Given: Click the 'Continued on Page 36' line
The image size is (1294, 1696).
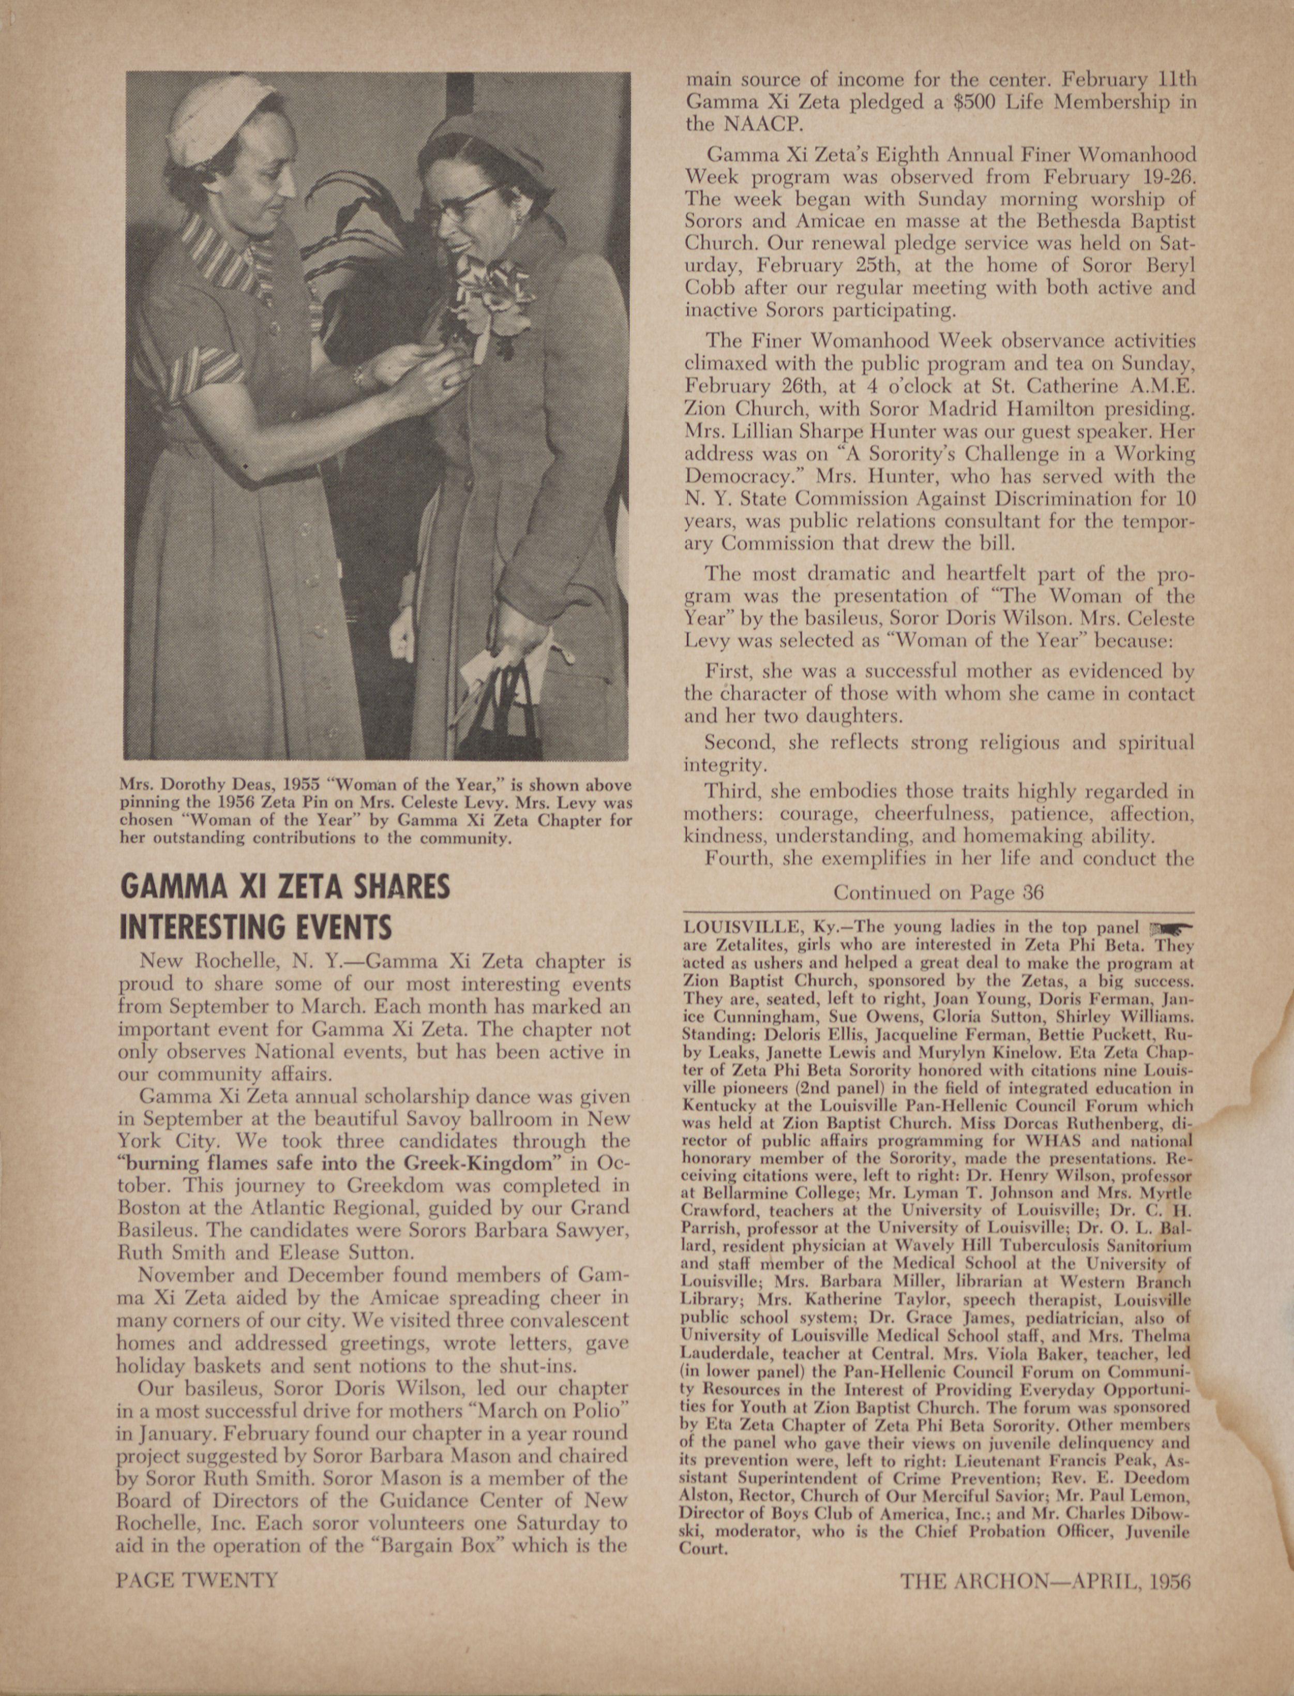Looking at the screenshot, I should (938, 892).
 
